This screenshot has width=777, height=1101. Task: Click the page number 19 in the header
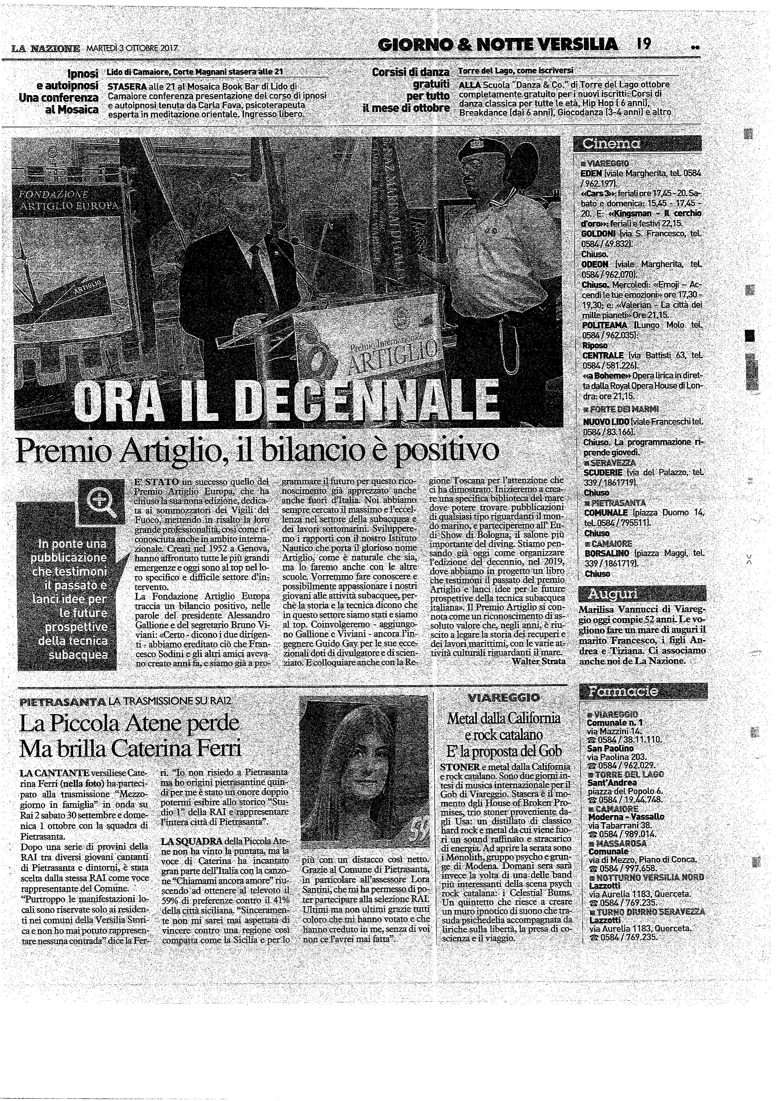(644, 45)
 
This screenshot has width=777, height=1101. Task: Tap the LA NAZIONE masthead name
(46, 49)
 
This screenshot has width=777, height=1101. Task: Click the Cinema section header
(610, 143)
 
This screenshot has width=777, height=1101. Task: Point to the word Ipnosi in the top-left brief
(82, 74)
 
